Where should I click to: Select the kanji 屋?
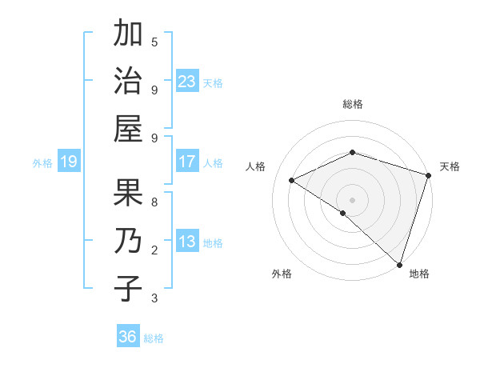tap(128, 127)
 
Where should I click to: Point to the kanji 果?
tap(128, 194)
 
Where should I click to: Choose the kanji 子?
tap(128, 288)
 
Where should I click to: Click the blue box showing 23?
tap(187, 81)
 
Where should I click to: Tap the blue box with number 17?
tap(187, 162)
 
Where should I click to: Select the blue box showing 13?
tap(187, 242)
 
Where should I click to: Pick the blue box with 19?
tap(68, 162)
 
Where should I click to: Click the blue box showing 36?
tap(128, 337)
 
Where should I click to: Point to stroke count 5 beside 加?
tap(154, 42)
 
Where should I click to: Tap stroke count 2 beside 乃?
tap(154, 250)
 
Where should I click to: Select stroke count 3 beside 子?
tap(154, 298)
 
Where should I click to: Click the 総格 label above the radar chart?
tap(352, 104)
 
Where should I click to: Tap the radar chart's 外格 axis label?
tap(282, 274)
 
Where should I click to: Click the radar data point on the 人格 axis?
tap(292, 181)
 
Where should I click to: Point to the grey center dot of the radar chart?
tap(352, 199)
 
